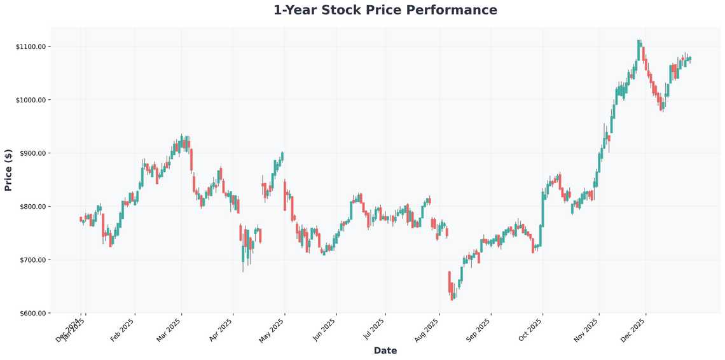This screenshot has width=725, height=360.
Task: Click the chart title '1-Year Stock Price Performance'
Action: click(385, 10)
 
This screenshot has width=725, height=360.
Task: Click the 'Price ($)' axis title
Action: click(8, 170)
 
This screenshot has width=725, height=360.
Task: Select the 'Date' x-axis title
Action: click(385, 350)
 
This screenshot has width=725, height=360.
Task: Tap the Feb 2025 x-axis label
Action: click(123, 329)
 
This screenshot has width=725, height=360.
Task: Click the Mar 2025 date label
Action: click(170, 329)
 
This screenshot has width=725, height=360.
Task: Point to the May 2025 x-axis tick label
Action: click(273, 329)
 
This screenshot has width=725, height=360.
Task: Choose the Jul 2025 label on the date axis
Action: click(373, 329)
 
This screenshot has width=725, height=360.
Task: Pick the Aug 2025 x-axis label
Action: click(427, 329)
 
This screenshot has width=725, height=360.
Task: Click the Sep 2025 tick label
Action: click(479, 329)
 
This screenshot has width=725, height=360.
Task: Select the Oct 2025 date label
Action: click(531, 329)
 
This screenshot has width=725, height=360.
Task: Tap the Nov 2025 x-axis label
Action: click(586, 329)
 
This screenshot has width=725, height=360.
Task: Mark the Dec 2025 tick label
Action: click(634, 329)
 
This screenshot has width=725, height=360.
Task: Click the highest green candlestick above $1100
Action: click(639, 43)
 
